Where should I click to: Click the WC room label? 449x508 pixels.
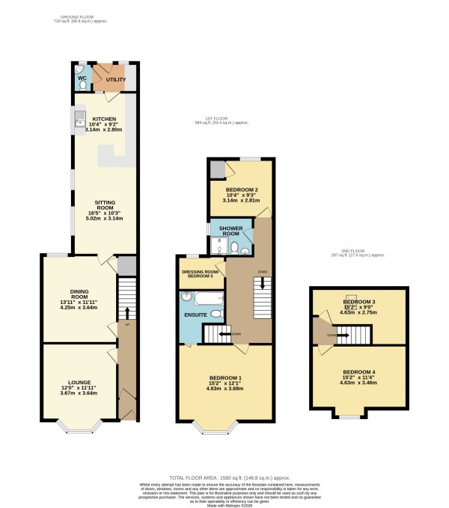(x=82, y=77)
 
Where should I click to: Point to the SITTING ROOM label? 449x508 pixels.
(x=104, y=206)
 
